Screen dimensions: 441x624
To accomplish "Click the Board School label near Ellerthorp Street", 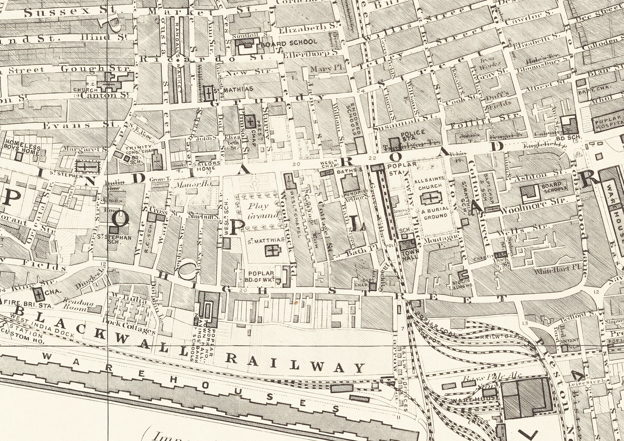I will [289, 43].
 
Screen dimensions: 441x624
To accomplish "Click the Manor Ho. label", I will [193, 184].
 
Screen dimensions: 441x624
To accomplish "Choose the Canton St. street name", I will [105, 95].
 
